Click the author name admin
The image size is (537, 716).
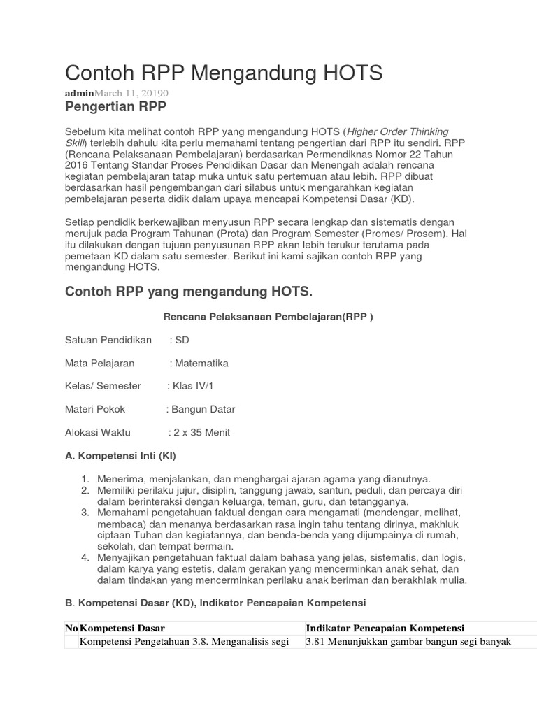pos(79,94)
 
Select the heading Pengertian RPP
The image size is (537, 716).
pos(115,107)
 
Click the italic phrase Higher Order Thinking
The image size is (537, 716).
pos(398,131)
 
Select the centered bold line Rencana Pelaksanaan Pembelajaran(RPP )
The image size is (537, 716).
pos(268,317)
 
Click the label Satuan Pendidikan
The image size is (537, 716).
pos(108,340)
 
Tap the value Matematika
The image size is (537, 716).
pos(201,363)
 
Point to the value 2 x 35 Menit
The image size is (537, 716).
pos(201,432)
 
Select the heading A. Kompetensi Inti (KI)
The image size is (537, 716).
pos(120,456)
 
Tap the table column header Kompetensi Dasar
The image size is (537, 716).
pos(123,628)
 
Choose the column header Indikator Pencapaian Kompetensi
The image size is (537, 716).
pos(385,628)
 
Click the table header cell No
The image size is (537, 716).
pos(71,628)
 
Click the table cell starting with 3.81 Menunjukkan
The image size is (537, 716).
pos(409,642)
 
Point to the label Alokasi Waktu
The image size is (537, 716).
pos(97,432)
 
